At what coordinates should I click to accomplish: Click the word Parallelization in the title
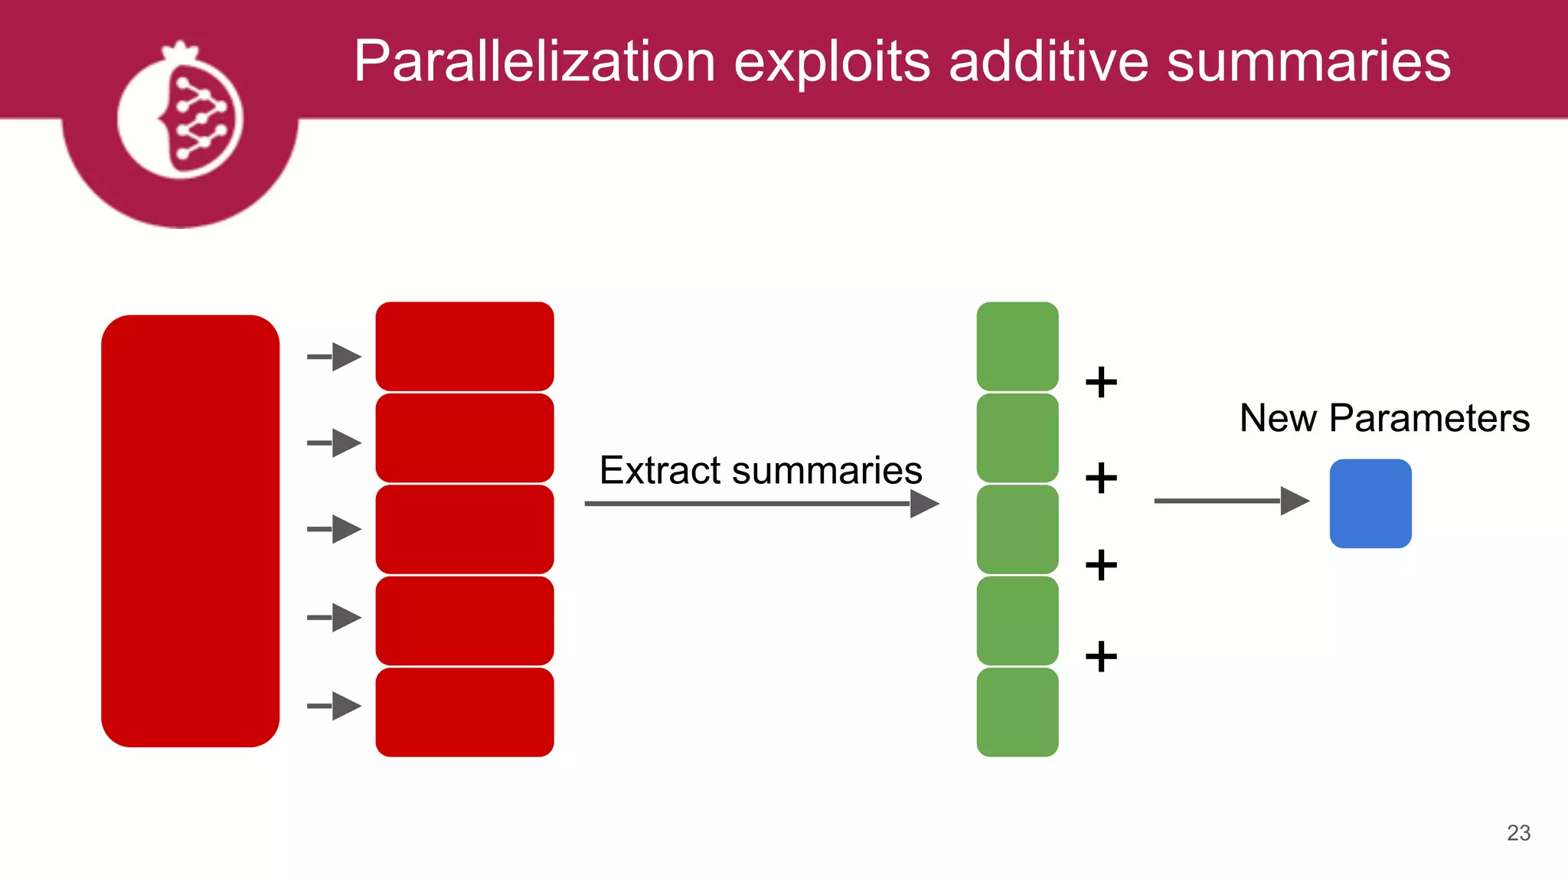coord(534,61)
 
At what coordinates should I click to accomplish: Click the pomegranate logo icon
coord(181,115)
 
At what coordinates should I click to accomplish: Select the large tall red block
coord(190,531)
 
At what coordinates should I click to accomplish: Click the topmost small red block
coord(465,346)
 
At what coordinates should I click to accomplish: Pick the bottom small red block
coord(465,712)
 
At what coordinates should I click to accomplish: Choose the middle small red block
coord(465,529)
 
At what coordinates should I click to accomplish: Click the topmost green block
coord(1018,346)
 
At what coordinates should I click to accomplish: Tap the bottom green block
coord(1018,712)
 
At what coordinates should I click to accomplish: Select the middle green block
coord(1018,529)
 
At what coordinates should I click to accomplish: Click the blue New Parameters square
coord(1370,503)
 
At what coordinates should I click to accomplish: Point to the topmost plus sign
coord(1101,382)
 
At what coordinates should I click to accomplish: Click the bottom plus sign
coord(1101,656)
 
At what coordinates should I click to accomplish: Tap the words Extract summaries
coord(760,470)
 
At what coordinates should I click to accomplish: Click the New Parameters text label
coord(1384,418)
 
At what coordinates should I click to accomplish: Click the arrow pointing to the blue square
coord(1231,501)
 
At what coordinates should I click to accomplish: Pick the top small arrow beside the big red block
coord(335,357)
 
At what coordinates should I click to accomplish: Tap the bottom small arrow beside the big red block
coord(335,706)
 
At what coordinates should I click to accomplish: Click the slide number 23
coord(1518,832)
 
